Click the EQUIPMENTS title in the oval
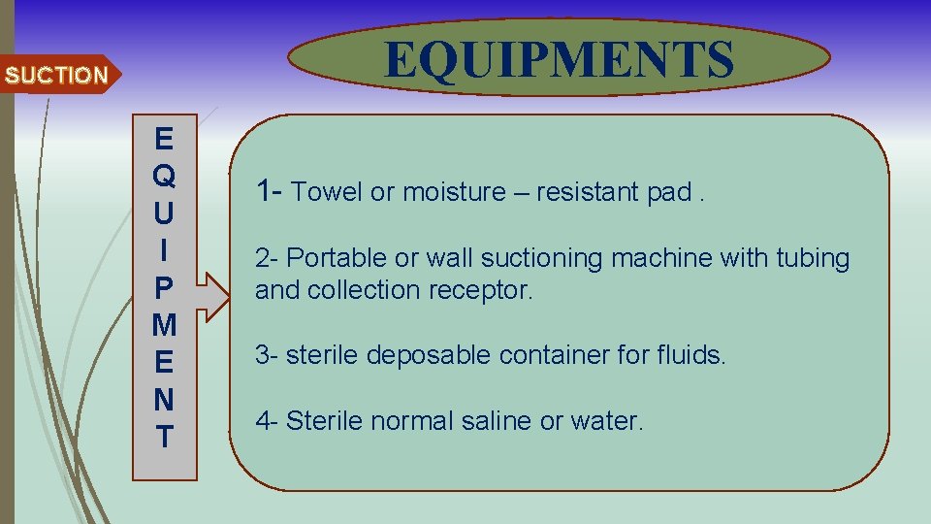tap(559, 58)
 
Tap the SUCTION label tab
tap(56, 75)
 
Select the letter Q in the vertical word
tap(164, 176)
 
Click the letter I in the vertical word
tap(164, 250)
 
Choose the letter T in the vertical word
tap(164, 437)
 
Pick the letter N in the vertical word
tap(164, 400)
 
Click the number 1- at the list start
tap(269, 191)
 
